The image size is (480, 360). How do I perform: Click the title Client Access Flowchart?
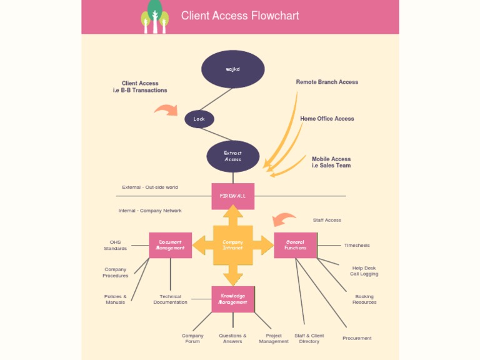click(240, 16)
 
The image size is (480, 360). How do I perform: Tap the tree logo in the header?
click(154, 17)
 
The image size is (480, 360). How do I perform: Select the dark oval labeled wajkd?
click(232, 69)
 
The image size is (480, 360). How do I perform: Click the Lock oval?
click(199, 119)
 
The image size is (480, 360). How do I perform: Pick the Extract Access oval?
click(232, 156)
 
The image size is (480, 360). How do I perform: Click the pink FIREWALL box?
click(232, 196)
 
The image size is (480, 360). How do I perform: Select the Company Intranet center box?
click(232, 245)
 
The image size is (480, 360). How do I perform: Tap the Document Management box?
click(170, 245)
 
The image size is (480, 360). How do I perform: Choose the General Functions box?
click(295, 245)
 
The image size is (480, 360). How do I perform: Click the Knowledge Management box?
click(232, 299)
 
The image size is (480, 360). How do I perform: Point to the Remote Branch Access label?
click(327, 82)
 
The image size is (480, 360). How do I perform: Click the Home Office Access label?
click(327, 119)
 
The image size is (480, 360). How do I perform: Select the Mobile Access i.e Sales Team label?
click(331, 162)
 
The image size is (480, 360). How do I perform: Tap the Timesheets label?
click(357, 246)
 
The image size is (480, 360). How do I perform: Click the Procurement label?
click(357, 338)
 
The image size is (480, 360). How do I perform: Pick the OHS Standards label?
click(115, 245)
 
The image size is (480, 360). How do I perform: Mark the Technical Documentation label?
click(170, 299)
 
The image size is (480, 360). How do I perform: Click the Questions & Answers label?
click(232, 338)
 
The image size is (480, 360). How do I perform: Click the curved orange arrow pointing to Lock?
click(166, 111)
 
